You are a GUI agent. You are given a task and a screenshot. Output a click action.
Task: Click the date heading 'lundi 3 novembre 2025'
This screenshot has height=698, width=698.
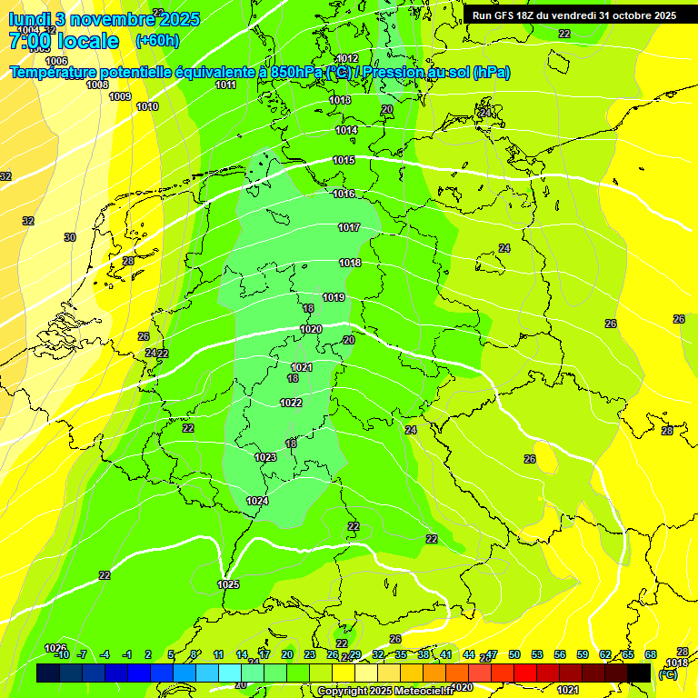point(105,19)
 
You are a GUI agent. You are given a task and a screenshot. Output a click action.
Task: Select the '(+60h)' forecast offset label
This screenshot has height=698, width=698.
point(157,41)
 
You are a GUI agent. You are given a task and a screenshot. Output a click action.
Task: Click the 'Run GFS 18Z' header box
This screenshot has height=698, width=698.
point(574,15)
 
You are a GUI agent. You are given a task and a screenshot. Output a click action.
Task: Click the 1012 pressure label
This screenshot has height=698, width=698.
point(347,59)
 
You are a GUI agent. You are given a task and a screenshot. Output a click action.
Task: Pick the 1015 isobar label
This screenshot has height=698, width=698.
point(344,161)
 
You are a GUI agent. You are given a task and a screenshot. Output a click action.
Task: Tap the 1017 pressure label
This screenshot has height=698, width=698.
point(349,228)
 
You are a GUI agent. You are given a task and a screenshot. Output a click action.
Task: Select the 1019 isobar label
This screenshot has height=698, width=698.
point(334,298)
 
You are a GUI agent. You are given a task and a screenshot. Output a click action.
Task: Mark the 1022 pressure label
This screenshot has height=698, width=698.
point(291,403)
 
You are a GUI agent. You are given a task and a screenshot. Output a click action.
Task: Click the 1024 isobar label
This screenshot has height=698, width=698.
point(257,501)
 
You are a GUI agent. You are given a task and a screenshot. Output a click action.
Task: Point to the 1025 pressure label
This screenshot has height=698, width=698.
point(229,584)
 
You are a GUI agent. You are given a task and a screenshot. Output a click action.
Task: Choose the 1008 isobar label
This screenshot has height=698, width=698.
point(97,85)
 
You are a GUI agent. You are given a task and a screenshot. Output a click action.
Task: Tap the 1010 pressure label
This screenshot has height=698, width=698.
point(147,106)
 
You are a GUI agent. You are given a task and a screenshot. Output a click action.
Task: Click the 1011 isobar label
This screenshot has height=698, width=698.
point(226,85)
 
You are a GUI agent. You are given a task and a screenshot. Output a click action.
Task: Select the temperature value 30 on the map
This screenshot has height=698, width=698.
point(70,237)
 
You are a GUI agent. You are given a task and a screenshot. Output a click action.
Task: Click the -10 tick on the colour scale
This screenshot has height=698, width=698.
point(61,654)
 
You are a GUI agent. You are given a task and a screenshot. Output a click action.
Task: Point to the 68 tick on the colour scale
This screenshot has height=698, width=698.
point(651,654)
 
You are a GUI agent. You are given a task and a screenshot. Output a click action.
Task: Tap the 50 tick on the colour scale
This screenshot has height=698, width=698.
point(514,654)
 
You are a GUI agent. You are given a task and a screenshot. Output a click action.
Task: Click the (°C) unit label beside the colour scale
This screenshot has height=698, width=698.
point(668,673)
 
